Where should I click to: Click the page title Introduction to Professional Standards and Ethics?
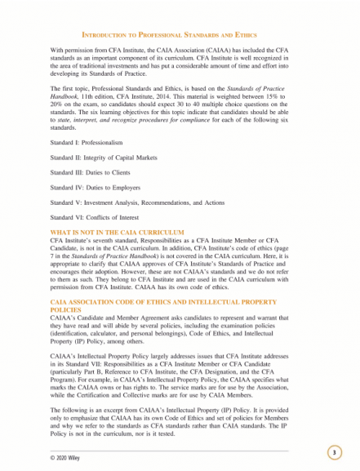pyautogui.click(x=180, y=35)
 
